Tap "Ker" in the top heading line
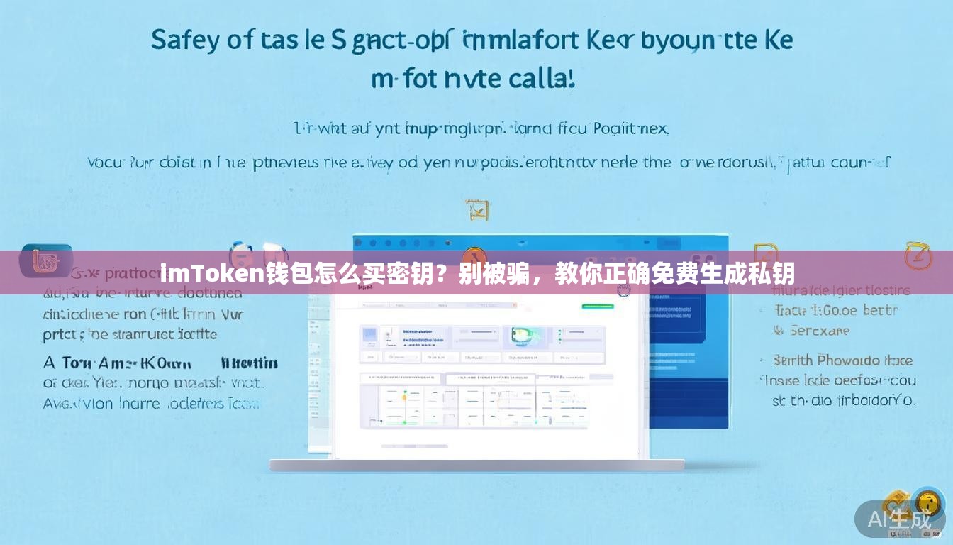[610, 40]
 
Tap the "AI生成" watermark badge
[899, 519]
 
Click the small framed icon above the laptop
[477, 209]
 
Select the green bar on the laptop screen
[597, 307]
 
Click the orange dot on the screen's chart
[404, 397]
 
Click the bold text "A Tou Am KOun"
[118, 363]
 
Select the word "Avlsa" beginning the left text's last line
[60, 404]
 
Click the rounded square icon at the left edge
[45, 260]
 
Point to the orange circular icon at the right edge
[918, 256]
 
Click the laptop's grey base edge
[476, 466]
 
